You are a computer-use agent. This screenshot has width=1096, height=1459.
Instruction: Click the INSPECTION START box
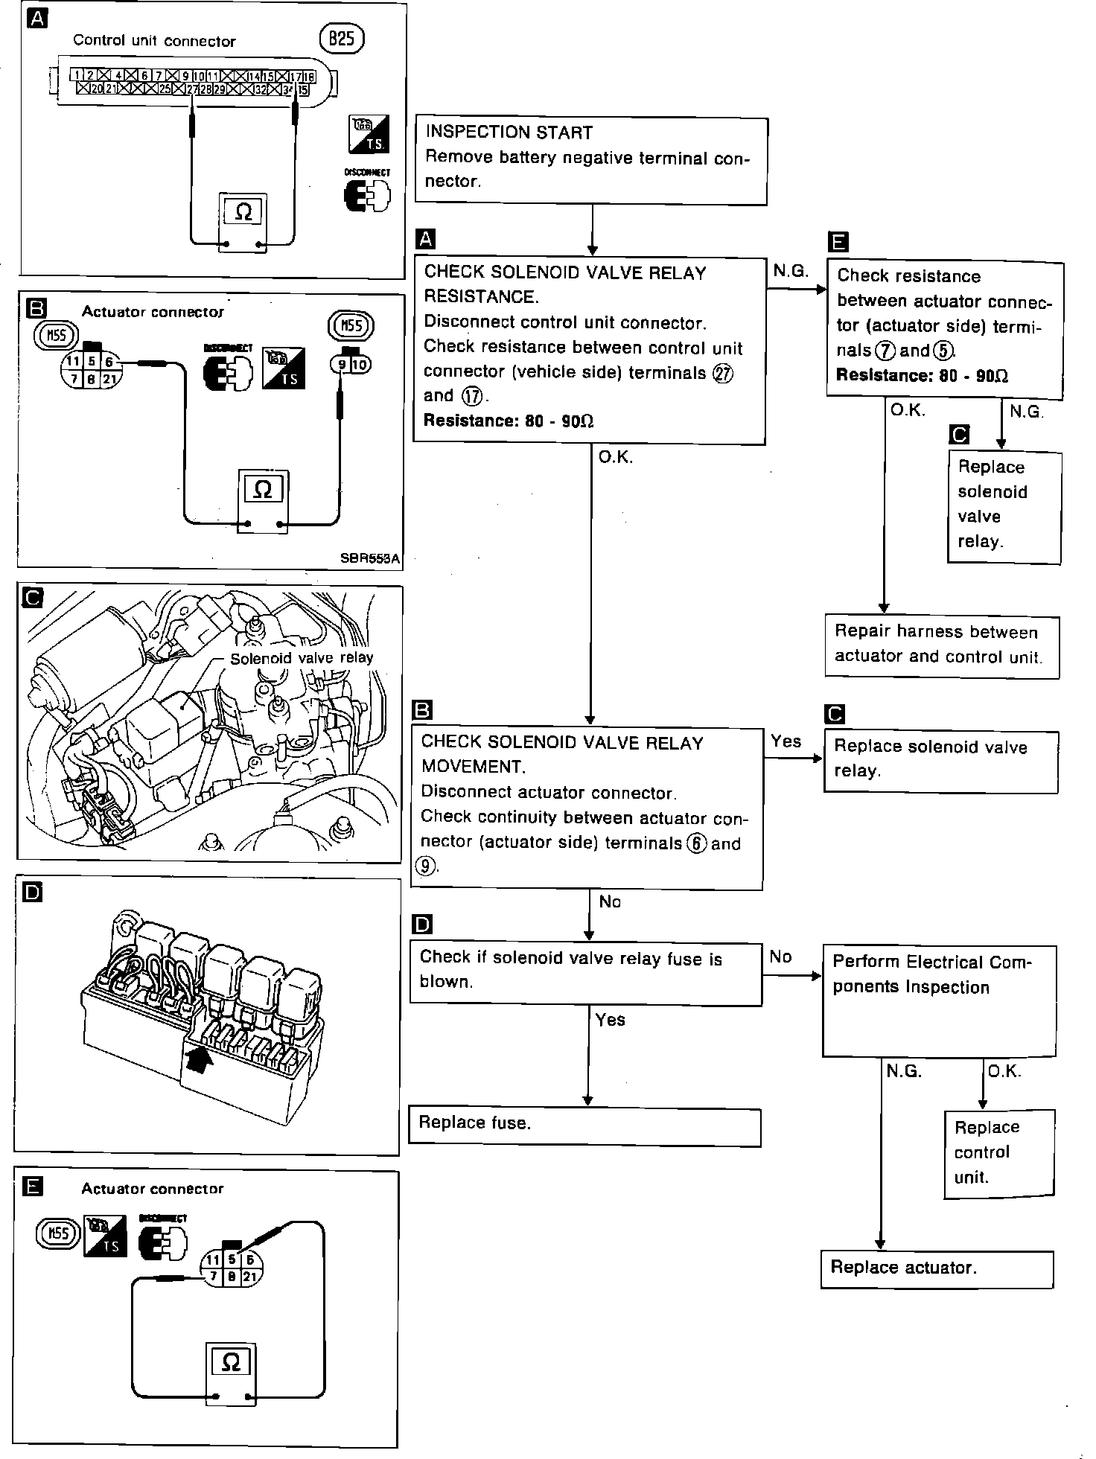(590, 159)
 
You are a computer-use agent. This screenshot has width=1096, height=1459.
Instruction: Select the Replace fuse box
(584, 1126)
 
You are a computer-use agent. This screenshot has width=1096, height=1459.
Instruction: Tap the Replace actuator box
(937, 1268)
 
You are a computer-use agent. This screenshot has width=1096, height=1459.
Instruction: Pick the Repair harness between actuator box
(941, 645)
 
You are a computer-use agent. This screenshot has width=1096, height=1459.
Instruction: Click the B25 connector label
(341, 39)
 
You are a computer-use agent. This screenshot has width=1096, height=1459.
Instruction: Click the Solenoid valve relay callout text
(302, 658)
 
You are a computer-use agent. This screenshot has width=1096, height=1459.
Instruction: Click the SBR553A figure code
(369, 558)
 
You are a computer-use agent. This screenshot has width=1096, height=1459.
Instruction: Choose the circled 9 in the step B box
(425, 867)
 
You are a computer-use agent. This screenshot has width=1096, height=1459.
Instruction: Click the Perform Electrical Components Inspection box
(939, 1000)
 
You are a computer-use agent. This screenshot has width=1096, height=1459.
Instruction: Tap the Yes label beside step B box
(786, 741)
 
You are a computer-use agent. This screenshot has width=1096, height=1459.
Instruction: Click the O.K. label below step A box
(615, 458)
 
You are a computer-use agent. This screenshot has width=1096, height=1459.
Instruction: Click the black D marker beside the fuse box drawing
(32, 892)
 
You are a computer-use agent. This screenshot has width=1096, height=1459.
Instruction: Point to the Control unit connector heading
(154, 41)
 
